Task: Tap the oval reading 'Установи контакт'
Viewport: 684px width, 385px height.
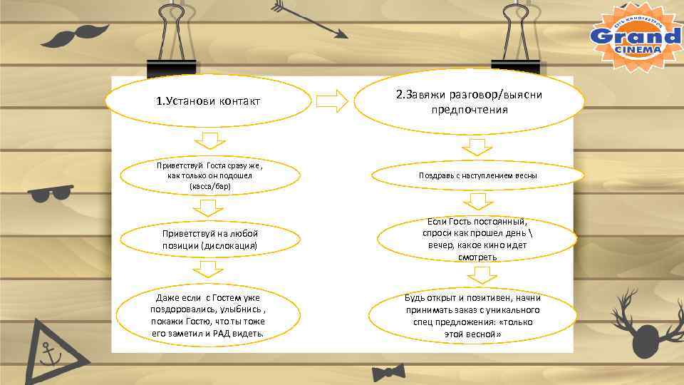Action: pos(209,101)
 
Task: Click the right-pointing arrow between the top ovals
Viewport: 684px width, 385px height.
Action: pos(331,101)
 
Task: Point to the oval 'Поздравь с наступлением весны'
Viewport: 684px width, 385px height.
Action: pos(478,175)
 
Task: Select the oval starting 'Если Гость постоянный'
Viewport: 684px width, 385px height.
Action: pos(478,239)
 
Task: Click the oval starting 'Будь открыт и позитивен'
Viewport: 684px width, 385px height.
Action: pos(473,315)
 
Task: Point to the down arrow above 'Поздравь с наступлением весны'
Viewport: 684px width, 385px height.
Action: pos(477,147)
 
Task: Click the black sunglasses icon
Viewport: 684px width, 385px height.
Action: pos(51,192)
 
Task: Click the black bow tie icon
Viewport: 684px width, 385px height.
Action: pos(388,372)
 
